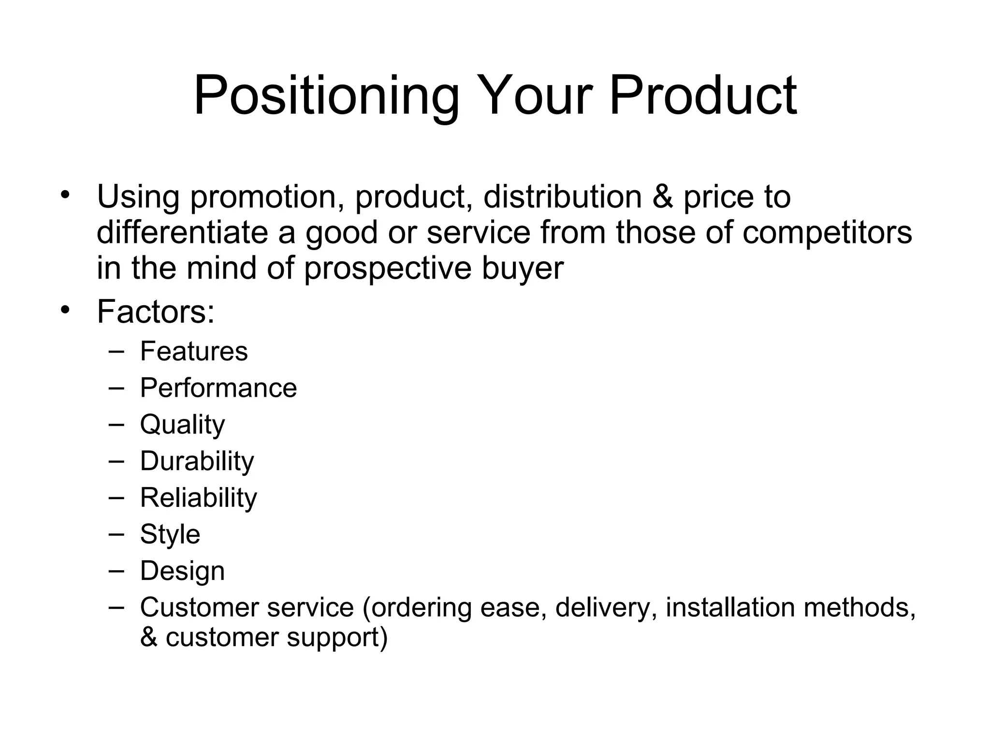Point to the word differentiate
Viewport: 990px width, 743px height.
coord(182,232)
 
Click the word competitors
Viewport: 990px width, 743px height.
coord(827,233)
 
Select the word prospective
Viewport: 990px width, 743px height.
coord(387,269)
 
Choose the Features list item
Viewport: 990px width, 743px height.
coord(194,351)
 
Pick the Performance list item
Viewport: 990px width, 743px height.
coord(218,388)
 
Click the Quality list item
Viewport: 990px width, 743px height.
coord(182,425)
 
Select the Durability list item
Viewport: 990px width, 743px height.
coord(197,461)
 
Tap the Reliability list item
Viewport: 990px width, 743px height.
coord(198,498)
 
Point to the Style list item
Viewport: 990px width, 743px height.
coord(170,535)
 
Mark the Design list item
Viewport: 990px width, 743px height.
coord(182,571)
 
